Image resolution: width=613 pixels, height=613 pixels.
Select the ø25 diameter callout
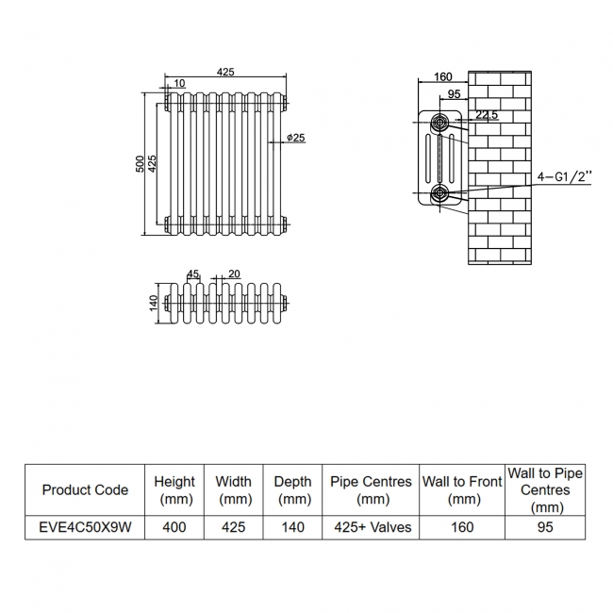pyautogui.click(x=295, y=139)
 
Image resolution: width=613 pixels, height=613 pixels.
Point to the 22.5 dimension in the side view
pyautogui.click(x=487, y=115)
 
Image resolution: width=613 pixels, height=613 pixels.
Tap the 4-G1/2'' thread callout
pyautogui.click(x=564, y=175)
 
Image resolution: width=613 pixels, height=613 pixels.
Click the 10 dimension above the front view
pyautogui.click(x=180, y=85)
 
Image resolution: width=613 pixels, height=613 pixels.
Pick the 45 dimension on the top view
pyautogui.click(x=193, y=273)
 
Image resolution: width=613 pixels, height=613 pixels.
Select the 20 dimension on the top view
pyautogui.click(x=234, y=273)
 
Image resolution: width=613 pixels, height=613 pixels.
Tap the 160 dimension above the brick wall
pyautogui.click(x=443, y=77)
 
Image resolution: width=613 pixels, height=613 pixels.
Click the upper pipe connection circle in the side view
pyautogui.click(x=440, y=122)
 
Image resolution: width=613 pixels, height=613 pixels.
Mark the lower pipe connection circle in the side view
pyautogui.click(x=440, y=194)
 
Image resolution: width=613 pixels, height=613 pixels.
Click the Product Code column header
pyautogui.click(x=85, y=489)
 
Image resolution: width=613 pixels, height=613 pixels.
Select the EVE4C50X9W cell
pyautogui.click(x=85, y=527)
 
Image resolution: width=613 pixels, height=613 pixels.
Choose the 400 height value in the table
pyautogui.click(x=174, y=527)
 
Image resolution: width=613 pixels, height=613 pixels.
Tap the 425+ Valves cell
pyautogui.click(x=371, y=527)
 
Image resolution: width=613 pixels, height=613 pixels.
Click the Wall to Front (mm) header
pyautogui.click(x=461, y=489)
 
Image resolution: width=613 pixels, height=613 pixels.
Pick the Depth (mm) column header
pyautogui.click(x=292, y=489)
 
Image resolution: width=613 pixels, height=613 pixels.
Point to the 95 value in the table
pyautogui.click(x=545, y=527)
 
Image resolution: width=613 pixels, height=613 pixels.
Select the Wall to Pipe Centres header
pyautogui.click(x=545, y=489)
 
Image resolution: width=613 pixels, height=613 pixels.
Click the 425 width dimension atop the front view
pyautogui.click(x=224, y=72)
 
